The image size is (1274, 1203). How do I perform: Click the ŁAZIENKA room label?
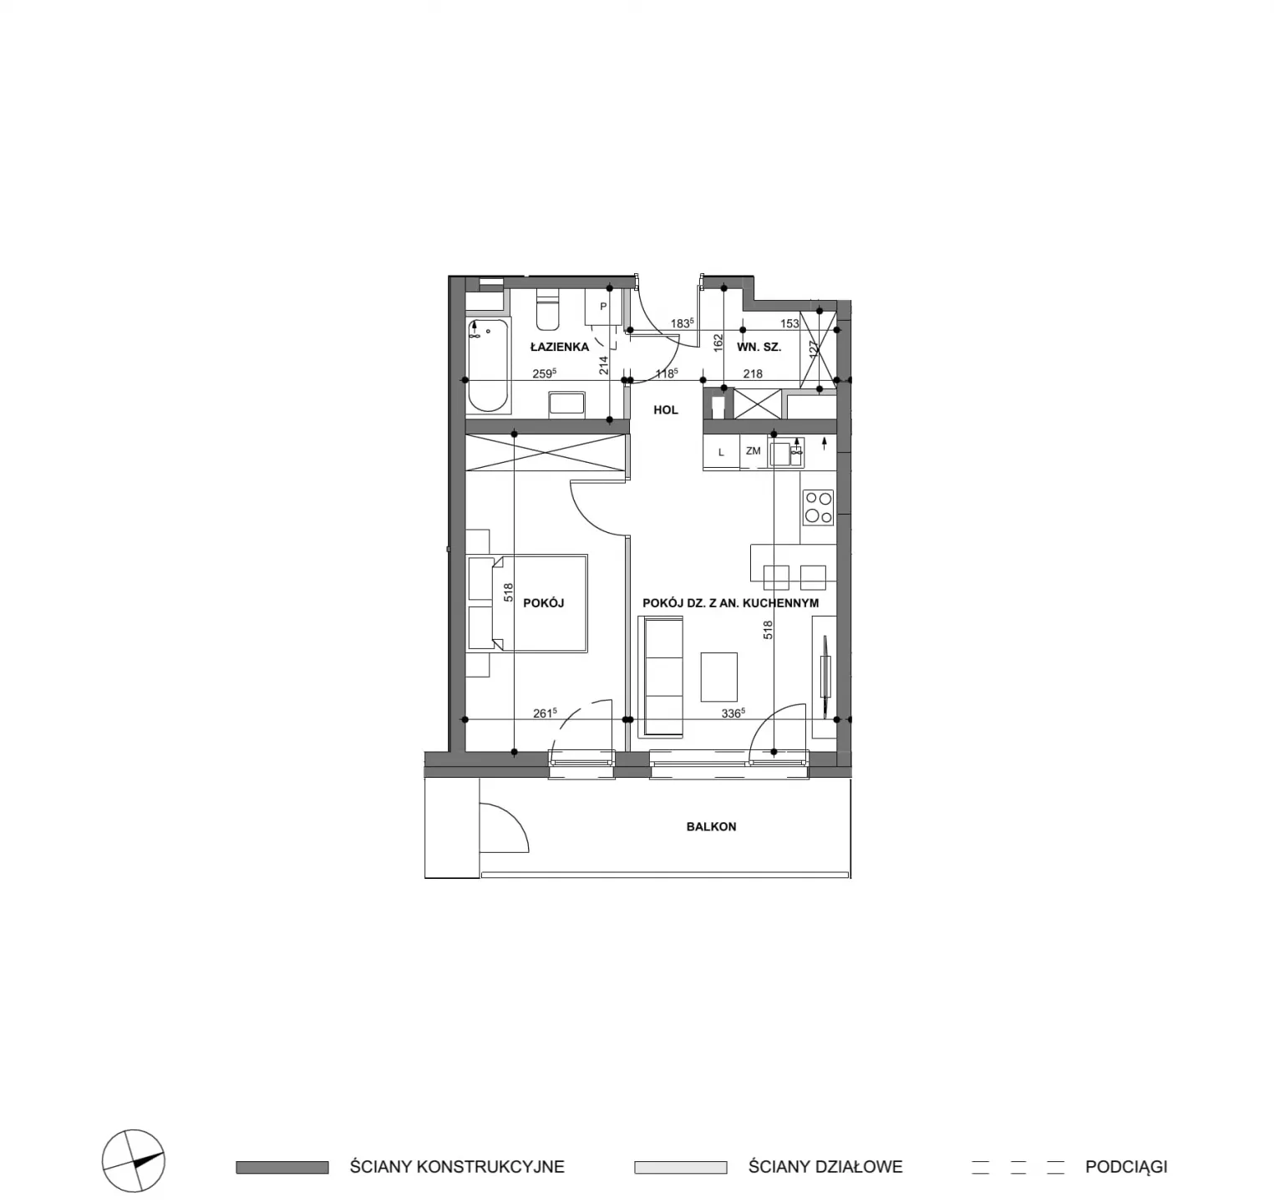559,347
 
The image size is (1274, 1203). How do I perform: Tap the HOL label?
666,410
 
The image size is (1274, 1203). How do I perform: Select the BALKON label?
711,826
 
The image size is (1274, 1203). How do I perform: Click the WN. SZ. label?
759,347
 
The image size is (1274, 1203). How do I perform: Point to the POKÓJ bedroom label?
544,602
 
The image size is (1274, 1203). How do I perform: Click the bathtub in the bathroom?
488,366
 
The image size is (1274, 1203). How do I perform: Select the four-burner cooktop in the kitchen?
818,507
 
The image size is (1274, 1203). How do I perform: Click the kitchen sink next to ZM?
786,454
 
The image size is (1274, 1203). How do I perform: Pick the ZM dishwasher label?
754,451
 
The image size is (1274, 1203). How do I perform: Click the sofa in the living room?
661,676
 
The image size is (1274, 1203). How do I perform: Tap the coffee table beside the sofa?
718,677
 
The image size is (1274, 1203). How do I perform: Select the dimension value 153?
789,323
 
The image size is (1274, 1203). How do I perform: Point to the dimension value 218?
753,374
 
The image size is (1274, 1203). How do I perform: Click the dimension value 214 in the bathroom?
603,365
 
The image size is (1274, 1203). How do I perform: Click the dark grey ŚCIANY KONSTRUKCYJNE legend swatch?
282,1167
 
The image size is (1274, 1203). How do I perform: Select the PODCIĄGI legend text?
1126,1167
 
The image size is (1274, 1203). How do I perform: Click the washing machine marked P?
603,307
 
